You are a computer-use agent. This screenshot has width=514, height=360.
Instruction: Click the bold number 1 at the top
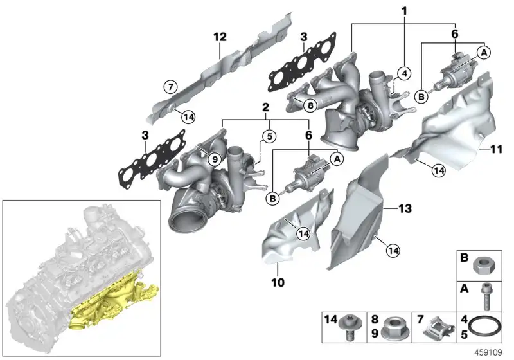click(405, 12)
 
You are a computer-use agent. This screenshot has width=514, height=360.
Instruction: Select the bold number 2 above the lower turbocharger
click(265, 107)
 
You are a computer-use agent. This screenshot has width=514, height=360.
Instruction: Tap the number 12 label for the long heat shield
click(220, 37)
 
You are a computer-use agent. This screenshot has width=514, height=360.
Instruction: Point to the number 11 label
click(496, 149)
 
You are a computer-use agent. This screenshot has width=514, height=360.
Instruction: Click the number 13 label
click(405, 208)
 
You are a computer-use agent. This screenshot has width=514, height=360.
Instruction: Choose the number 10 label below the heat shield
click(278, 282)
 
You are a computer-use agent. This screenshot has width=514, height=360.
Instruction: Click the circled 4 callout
click(405, 73)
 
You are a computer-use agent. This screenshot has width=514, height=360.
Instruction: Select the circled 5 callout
click(269, 136)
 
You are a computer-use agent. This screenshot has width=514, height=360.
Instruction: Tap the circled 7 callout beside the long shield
click(170, 87)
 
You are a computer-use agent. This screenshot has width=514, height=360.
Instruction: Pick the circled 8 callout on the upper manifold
click(310, 105)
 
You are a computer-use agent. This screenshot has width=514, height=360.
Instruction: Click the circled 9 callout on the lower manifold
click(215, 159)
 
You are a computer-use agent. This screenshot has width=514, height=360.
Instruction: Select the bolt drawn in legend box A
click(486, 297)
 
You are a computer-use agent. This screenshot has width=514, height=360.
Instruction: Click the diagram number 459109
click(488, 353)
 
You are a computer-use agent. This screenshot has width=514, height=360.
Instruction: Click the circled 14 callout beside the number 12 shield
click(188, 117)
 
